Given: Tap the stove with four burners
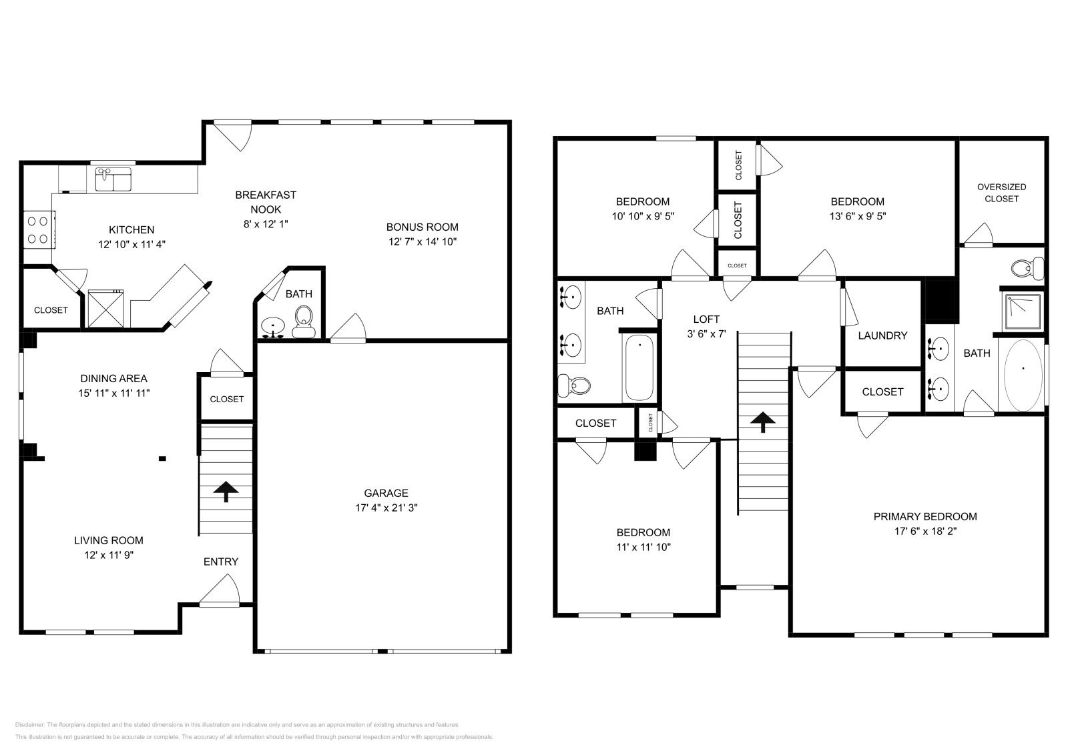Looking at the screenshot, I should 39,229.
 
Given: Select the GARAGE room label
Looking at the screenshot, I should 386,494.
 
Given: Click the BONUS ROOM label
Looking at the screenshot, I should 422,227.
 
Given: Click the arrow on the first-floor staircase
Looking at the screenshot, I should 226,492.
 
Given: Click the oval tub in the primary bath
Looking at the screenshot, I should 1023,375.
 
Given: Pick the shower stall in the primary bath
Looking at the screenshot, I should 1022,312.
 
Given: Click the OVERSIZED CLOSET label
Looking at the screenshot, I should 1001,193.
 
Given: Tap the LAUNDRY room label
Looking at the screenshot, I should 882,335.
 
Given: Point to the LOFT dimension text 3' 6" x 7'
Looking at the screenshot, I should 706,333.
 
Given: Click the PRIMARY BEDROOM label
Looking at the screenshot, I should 925,516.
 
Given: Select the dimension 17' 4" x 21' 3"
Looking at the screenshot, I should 386,508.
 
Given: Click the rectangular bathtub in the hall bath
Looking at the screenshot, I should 639,368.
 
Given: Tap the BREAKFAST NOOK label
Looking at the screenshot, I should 266,202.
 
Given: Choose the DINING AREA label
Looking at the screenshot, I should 113,379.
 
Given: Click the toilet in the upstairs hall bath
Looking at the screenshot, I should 575,386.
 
